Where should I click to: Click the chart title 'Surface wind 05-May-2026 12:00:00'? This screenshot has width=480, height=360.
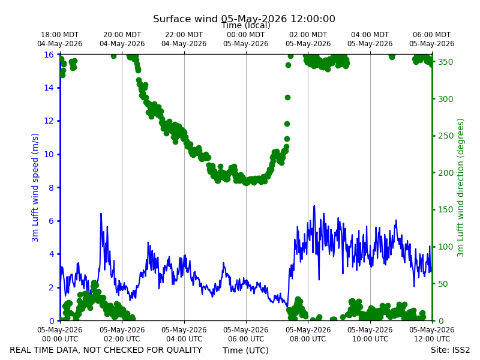tap(244, 19)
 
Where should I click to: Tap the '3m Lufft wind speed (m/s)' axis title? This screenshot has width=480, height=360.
tap(35, 187)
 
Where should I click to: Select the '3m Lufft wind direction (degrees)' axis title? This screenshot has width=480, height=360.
tap(460, 187)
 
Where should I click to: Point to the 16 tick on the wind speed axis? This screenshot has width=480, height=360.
tap(49, 55)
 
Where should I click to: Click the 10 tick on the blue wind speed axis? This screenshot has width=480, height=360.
tap(49, 154)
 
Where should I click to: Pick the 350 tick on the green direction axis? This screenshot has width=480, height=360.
tap(445, 62)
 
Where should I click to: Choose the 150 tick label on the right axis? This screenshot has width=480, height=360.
tap(445, 209)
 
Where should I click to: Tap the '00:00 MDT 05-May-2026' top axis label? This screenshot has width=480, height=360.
tap(246, 39)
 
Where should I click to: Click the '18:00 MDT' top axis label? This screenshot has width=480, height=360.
tap(59, 35)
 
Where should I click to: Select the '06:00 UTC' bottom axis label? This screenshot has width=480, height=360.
tap(246, 339)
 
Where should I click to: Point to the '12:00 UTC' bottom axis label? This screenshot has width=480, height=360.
tap(432, 339)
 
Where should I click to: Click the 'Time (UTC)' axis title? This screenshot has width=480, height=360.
tap(245, 350)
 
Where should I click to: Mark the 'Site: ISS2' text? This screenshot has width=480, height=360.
tap(450, 350)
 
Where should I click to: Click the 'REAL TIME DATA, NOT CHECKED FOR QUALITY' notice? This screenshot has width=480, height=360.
tap(106, 350)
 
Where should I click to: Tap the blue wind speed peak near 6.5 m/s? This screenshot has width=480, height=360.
tap(101, 214)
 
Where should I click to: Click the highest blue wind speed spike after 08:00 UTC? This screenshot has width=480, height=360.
tap(314, 206)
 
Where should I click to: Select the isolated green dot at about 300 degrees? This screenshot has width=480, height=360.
tap(287, 98)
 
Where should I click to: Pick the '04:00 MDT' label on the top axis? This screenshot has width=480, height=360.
tap(370, 35)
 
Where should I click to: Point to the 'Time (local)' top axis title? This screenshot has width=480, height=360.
tap(246, 26)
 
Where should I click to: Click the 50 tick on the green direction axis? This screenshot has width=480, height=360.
tap(443, 284)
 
